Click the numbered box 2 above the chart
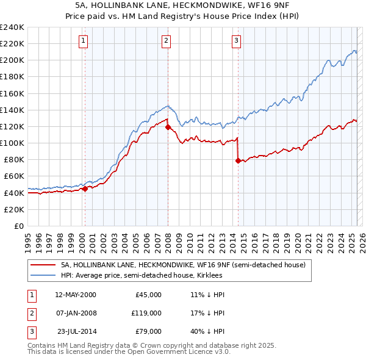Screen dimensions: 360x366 pyautogui.click(x=166, y=41)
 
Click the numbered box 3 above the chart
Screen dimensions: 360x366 pyautogui.click(x=237, y=41)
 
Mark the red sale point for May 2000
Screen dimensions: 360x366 pyautogui.click(x=85, y=189)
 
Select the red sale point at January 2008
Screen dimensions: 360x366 pyautogui.click(x=168, y=127)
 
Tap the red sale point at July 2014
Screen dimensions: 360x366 pyautogui.click(x=238, y=160)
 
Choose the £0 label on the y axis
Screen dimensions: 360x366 pyautogui.click(x=18, y=226)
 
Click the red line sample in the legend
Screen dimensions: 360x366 pyautogui.click(x=43, y=265)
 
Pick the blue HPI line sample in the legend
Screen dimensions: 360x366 pyautogui.click(x=43, y=275)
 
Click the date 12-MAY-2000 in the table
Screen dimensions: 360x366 pyautogui.click(x=75, y=295)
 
